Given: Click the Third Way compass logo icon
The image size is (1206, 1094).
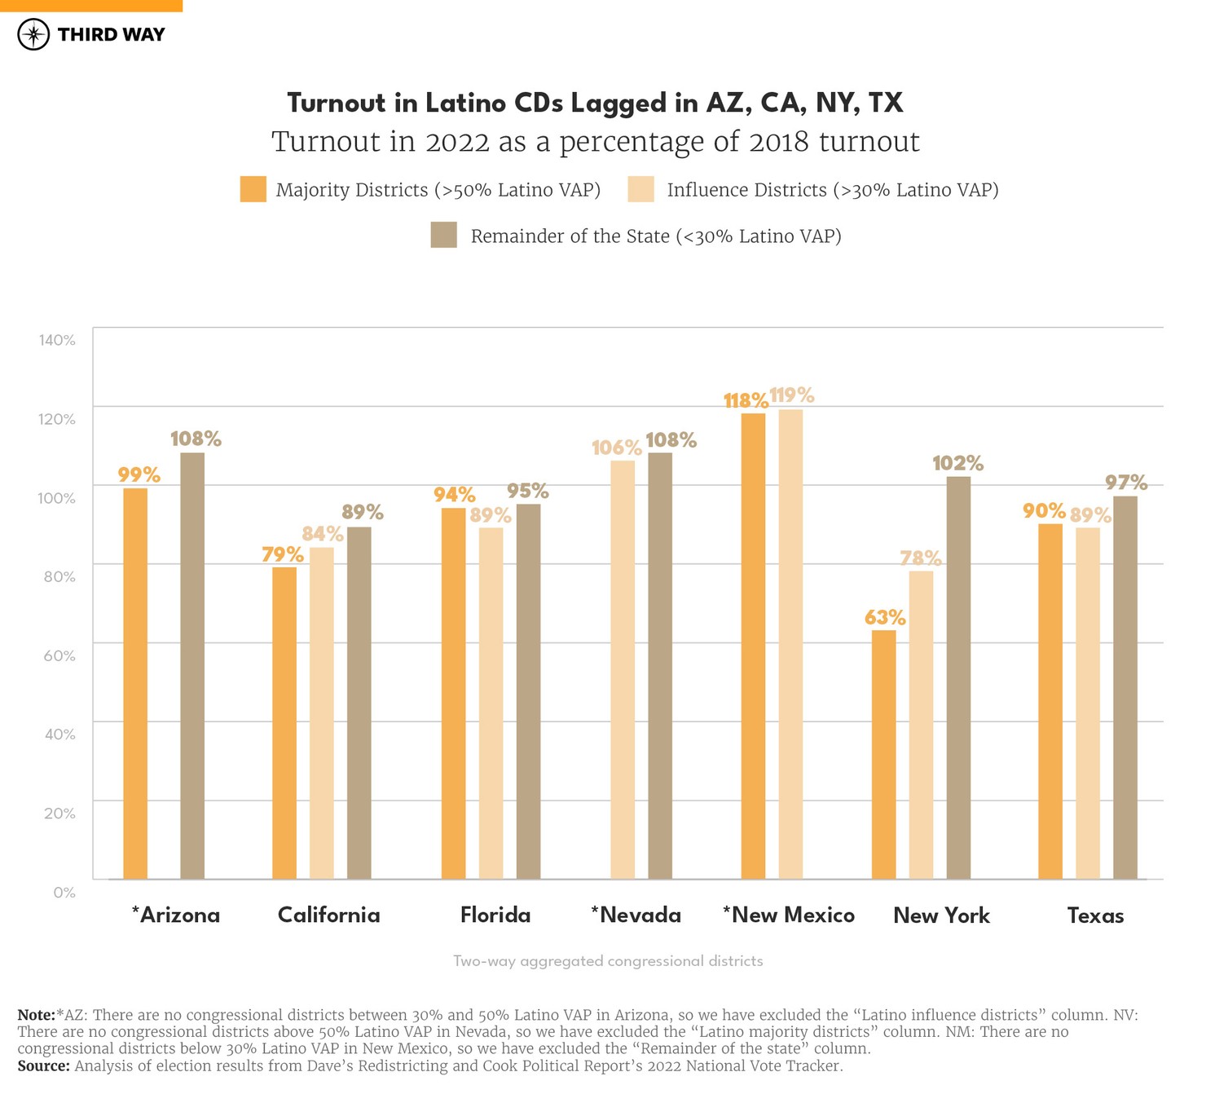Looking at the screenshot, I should pyautogui.click(x=33, y=34).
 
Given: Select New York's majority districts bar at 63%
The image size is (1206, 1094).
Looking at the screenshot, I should pyautogui.click(x=883, y=754).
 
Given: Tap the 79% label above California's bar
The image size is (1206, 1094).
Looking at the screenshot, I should pyautogui.click(x=282, y=554).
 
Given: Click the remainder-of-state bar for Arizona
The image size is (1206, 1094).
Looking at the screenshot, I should pyautogui.click(x=192, y=665).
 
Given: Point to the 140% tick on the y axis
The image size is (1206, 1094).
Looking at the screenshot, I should pyautogui.click(x=57, y=340).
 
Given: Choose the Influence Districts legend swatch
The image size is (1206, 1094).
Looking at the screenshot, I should pyautogui.click(x=640, y=189).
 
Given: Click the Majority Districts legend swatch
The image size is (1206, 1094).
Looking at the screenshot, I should pyautogui.click(x=253, y=189).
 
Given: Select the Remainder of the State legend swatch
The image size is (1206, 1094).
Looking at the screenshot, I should pyautogui.click(x=443, y=236).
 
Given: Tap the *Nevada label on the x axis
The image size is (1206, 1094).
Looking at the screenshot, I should pyautogui.click(x=636, y=915).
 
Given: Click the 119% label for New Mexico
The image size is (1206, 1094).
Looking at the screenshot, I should pyautogui.click(x=791, y=395).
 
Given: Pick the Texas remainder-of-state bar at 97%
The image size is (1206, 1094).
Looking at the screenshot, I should pyautogui.click(x=1125, y=687).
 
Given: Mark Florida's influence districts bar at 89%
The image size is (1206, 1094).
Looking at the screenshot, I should pyautogui.click(x=491, y=703).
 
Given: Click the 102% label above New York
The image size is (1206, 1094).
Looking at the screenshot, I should pyautogui.click(x=957, y=463).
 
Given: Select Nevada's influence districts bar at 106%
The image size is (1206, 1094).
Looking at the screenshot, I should pyautogui.click(x=623, y=669).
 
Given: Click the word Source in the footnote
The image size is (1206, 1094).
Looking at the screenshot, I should pyautogui.click(x=43, y=1065).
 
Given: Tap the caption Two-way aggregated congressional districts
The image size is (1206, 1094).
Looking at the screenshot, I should pyautogui.click(x=608, y=961).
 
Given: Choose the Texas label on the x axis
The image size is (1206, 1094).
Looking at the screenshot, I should pyautogui.click(x=1095, y=915).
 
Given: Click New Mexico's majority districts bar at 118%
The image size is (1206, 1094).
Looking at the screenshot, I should pyautogui.click(x=753, y=646).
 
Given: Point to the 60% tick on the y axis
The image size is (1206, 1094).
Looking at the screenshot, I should pyautogui.click(x=59, y=655).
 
